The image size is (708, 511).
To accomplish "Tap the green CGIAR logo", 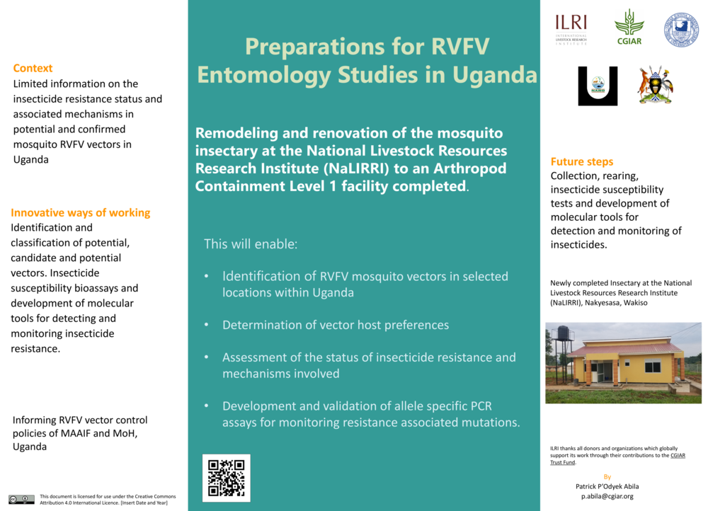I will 629,27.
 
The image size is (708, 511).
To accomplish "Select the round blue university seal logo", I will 681,30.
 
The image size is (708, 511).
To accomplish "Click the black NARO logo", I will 598,86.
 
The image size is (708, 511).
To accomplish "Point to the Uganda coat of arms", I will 655,86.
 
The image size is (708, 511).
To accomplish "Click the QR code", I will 226,478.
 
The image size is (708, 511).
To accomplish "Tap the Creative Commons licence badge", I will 21,499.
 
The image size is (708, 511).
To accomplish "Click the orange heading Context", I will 33,68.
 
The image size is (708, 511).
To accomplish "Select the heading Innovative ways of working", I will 81,212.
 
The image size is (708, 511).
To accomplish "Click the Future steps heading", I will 582,161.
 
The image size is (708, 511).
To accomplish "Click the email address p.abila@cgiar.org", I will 607,496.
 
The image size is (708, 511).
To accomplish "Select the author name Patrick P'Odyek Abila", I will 607,486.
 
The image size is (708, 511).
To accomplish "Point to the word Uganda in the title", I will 495,74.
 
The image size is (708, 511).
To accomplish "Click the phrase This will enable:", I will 251,244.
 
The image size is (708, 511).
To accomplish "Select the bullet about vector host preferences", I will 335,325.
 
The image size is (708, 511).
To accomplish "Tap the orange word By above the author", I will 607,476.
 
